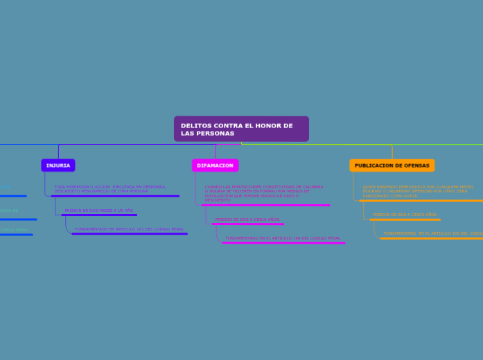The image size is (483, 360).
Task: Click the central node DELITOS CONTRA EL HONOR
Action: (241, 129)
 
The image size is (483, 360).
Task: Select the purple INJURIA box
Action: (58, 165)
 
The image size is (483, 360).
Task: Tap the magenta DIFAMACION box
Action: (215, 165)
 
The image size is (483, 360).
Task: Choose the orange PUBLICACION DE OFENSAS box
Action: (392, 165)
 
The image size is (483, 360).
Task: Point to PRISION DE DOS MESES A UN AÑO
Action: (98, 210)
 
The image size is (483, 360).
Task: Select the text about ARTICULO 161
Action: (129, 228)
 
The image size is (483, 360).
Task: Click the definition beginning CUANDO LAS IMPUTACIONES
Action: (263, 192)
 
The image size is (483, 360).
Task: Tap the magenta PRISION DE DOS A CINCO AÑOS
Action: (247, 219)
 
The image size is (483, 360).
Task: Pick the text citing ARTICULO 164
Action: (283, 237)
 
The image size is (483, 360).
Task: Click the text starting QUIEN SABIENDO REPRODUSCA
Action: (418, 191)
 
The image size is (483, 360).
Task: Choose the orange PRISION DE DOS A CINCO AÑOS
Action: (405, 215)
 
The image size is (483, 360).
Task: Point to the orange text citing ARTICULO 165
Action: (432, 233)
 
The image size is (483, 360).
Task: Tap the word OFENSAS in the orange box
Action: (416, 165)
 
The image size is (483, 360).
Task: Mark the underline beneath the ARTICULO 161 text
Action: (130, 233)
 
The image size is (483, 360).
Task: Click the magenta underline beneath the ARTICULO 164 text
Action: (284, 242)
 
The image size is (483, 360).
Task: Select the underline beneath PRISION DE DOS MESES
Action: (99, 215)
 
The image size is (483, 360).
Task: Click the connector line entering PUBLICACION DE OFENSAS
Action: (392, 152)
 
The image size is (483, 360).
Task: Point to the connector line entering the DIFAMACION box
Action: (216, 152)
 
